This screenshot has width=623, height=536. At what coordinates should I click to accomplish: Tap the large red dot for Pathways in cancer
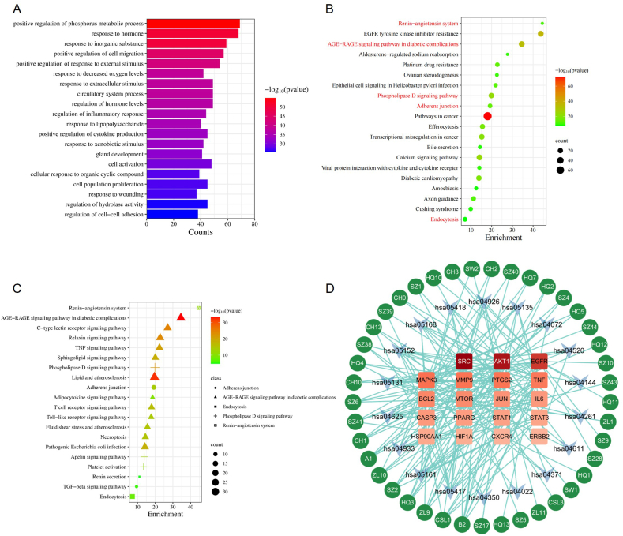pos(487,116)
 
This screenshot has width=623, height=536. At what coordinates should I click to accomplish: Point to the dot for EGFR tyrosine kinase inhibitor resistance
pos(541,33)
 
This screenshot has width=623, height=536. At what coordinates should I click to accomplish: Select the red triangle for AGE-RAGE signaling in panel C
pos(181,317)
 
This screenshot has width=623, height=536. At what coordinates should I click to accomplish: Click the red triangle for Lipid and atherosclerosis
pos(155,377)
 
